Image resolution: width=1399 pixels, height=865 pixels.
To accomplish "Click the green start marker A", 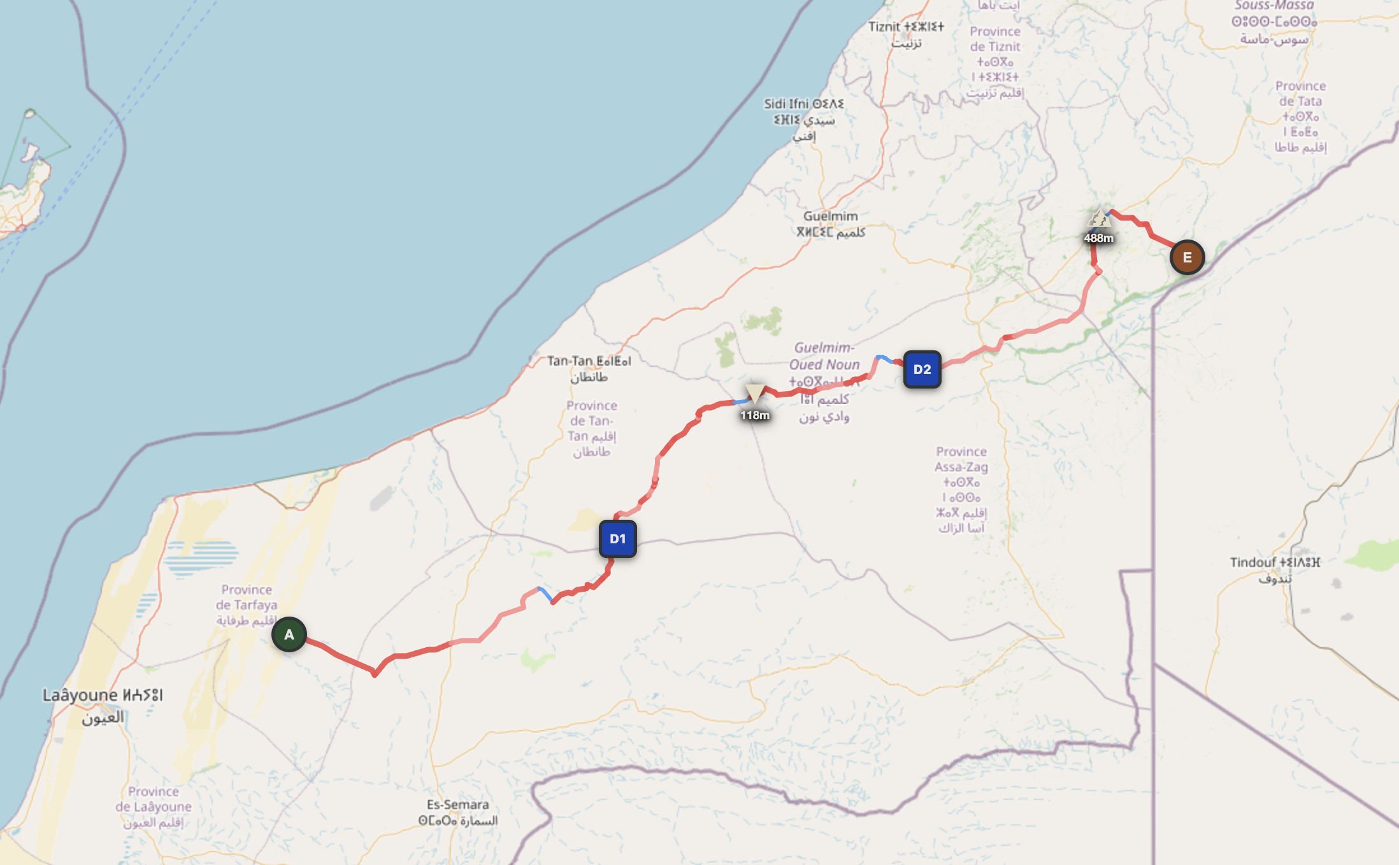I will pos(289,634).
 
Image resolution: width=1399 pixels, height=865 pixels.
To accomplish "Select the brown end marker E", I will pos(1187,257).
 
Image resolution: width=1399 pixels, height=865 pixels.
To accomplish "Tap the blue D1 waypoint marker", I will pos(617,539).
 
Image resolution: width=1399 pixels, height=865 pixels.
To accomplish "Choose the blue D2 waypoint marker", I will pos(922,369).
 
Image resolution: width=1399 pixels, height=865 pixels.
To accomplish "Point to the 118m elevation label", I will pos(755,415).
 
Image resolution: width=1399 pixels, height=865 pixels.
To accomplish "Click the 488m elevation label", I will pos(1099,238).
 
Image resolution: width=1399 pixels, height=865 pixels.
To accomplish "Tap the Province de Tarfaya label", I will pos(247,604).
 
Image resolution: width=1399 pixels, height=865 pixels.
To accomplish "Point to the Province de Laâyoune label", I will pos(154,806).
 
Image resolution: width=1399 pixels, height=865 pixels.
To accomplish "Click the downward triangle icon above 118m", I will pos(755,392).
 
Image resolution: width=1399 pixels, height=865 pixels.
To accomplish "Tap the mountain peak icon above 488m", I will pos(1100,218).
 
